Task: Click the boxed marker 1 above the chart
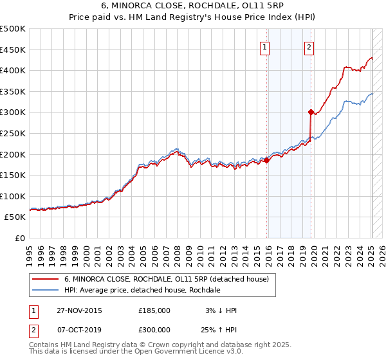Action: coord(265,46)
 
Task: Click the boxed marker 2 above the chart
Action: coord(309,46)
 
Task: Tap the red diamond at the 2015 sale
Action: coord(267,160)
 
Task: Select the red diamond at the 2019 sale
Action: coord(311,112)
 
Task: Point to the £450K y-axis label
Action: coord(13,50)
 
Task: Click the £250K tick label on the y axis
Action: coord(13,133)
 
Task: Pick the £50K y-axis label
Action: coord(15,217)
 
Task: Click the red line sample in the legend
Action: coord(45,279)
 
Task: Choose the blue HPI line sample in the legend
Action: coord(45,290)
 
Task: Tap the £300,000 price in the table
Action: coord(154,329)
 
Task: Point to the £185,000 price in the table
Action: coord(154,310)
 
